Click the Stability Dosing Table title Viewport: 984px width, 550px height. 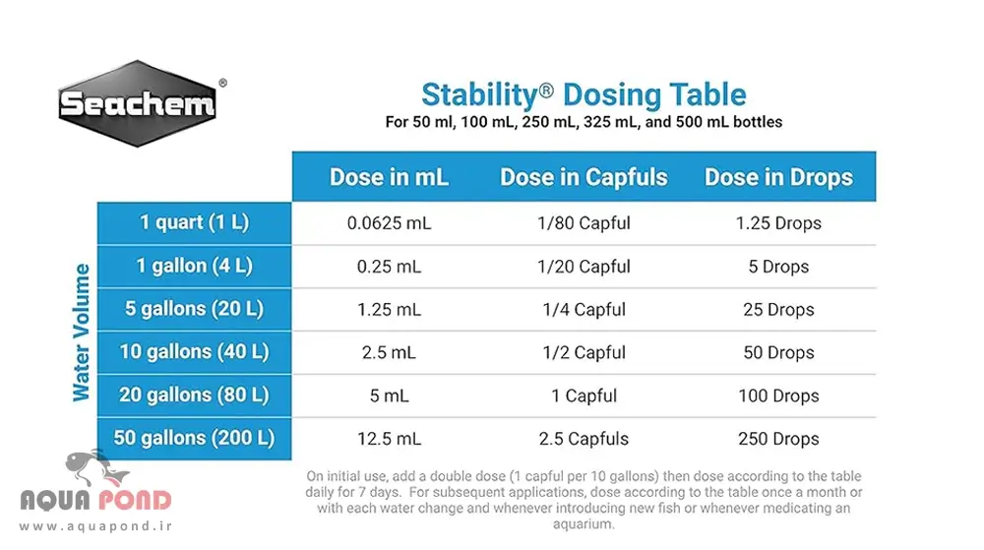coord(584,95)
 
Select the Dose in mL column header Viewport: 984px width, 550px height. coord(389,177)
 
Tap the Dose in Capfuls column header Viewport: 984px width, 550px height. coord(584,177)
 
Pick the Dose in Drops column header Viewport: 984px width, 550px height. coord(778,177)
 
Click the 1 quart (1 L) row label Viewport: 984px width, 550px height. coord(194,222)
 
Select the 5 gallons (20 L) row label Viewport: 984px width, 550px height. coord(194,309)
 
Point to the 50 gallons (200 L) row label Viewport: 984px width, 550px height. coord(194,438)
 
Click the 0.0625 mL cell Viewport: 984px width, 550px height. coord(389,223)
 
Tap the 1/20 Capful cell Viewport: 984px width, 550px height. coord(584,267)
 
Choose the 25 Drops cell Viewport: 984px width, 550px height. coord(778,310)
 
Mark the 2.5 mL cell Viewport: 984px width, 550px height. coord(389,352)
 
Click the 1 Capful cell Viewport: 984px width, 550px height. coord(584,396)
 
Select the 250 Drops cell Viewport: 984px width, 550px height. coord(778,439)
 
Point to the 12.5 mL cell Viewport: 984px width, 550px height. coord(389,439)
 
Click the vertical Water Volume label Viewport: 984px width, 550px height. coord(82,332)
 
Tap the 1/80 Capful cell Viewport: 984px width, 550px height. coord(584,223)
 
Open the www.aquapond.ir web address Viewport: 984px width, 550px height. coord(94,527)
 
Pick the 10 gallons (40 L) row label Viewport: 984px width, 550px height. coord(194,352)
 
